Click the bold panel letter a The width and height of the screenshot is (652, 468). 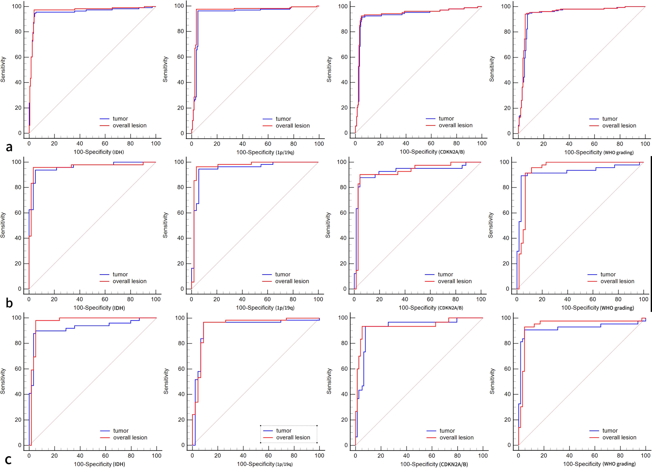click(x=9, y=147)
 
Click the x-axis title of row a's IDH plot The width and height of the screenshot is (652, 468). click(x=99, y=152)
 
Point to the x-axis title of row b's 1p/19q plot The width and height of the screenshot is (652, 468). click(x=265, y=308)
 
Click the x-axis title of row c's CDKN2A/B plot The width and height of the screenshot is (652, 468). click(x=434, y=464)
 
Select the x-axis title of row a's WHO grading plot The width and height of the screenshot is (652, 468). click(x=599, y=152)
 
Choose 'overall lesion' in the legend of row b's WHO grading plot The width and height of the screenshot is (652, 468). click(x=617, y=281)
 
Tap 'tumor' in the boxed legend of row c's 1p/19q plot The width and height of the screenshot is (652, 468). click(x=284, y=431)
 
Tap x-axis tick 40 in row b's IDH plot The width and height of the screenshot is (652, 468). click(x=80, y=299)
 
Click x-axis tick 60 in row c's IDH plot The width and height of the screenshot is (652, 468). click(x=106, y=456)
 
